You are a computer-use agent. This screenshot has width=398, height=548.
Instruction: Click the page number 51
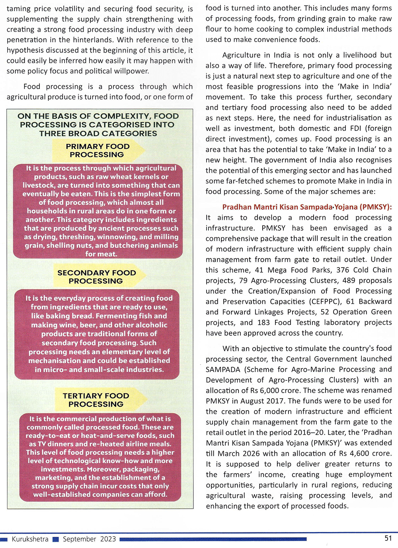388,538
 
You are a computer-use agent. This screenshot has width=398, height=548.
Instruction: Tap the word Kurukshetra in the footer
30,539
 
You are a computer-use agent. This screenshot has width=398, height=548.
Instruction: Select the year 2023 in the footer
108,539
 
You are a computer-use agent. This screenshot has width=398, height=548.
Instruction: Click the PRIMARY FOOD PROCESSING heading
97,151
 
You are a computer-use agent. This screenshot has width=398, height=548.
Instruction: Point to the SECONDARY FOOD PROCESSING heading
96,277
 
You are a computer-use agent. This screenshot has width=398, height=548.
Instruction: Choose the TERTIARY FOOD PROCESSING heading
96,400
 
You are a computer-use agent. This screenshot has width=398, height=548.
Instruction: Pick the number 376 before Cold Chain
343,270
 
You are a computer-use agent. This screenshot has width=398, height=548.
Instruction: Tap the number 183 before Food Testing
263,323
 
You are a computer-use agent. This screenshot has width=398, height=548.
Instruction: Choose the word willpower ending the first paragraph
131,71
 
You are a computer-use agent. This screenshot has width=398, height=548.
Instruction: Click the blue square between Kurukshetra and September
56,540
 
